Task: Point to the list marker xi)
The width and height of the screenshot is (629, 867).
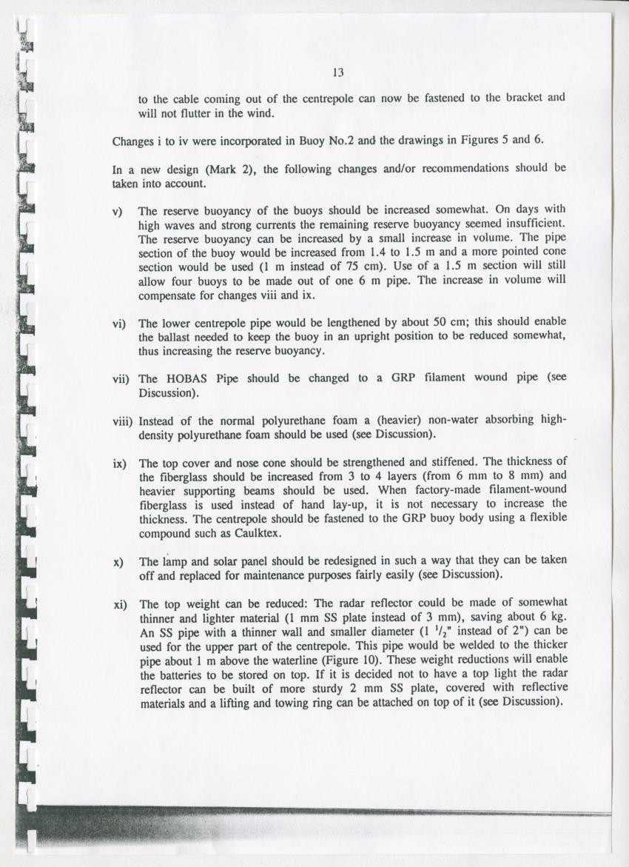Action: [119, 605]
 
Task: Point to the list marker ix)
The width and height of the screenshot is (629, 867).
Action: [119, 464]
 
